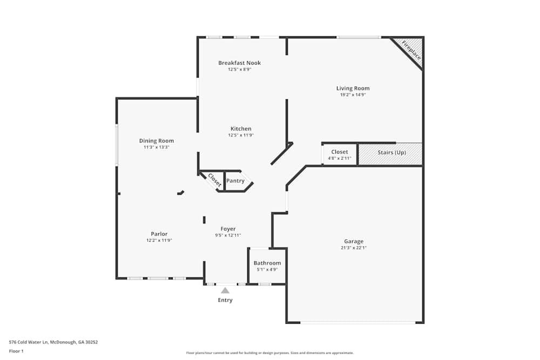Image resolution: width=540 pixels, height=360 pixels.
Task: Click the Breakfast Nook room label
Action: (x=239, y=63)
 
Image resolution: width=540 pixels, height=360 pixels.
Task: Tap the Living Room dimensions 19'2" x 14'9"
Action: (x=353, y=95)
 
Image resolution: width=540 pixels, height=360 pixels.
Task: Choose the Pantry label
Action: (x=235, y=181)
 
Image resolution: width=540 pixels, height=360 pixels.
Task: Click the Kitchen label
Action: (x=241, y=128)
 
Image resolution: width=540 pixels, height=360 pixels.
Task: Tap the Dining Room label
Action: (x=157, y=141)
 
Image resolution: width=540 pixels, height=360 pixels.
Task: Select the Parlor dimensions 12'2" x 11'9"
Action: (x=159, y=241)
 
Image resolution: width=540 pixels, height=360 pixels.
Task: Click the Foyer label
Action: (x=228, y=229)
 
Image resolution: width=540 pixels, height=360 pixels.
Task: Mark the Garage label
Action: (x=354, y=241)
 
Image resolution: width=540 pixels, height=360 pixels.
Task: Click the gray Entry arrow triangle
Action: (x=225, y=290)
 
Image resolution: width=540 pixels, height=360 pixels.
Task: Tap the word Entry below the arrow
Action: (x=225, y=300)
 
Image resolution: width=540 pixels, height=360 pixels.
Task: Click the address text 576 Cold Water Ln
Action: (x=53, y=342)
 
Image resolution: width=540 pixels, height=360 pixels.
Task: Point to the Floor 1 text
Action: (x=16, y=351)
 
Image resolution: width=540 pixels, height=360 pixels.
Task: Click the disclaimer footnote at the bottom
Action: (x=269, y=353)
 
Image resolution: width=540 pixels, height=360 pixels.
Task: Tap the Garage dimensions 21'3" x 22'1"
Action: (x=354, y=248)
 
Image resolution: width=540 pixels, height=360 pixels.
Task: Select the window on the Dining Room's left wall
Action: (x=117, y=145)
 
